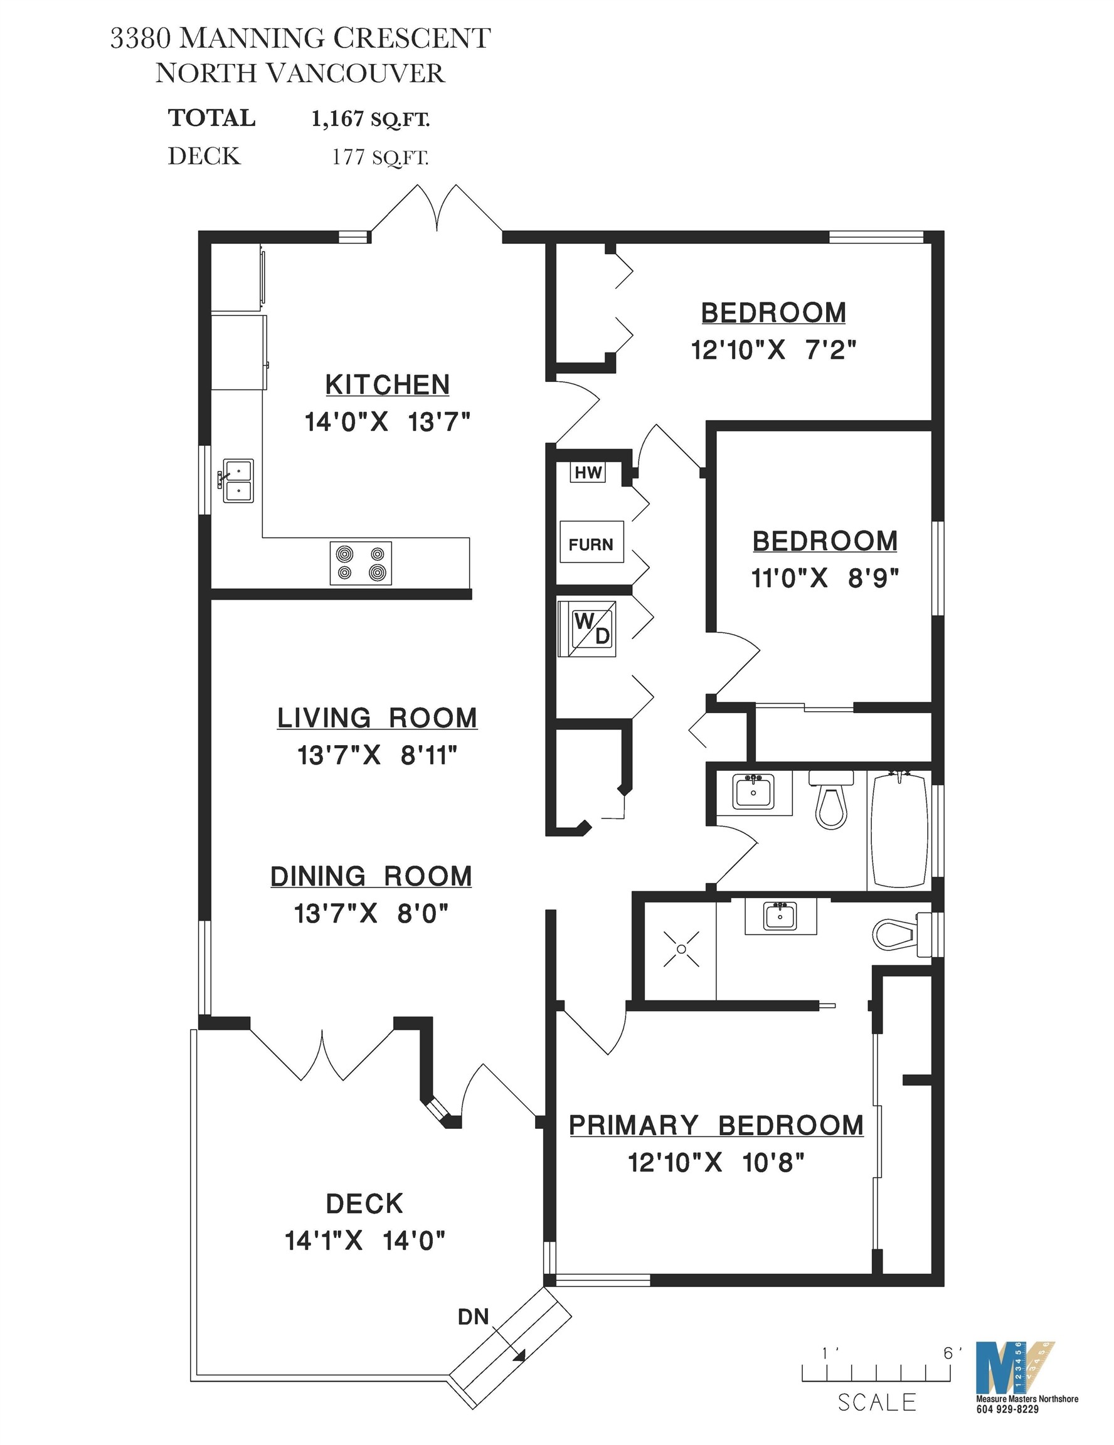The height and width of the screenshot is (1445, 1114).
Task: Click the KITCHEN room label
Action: (x=387, y=384)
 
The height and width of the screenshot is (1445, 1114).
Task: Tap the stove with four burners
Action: (x=361, y=563)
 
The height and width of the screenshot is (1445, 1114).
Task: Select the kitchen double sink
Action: (x=238, y=481)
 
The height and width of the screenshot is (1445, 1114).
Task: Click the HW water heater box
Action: (x=588, y=472)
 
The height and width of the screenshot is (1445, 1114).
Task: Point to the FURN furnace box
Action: (x=591, y=544)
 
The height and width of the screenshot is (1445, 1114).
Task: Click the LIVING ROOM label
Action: (x=377, y=718)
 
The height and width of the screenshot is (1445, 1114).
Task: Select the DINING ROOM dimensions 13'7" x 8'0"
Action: (x=371, y=914)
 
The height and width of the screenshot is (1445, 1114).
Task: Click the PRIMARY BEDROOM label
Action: (x=716, y=1125)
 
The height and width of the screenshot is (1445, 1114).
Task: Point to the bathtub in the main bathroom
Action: (x=900, y=830)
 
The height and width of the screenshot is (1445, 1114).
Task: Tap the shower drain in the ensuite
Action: (x=681, y=949)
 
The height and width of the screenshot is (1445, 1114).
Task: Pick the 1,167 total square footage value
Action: (x=337, y=119)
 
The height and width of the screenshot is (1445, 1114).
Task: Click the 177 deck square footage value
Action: (x=349, y=157)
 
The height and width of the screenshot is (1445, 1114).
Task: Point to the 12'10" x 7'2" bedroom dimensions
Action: (x=773, y=349)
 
